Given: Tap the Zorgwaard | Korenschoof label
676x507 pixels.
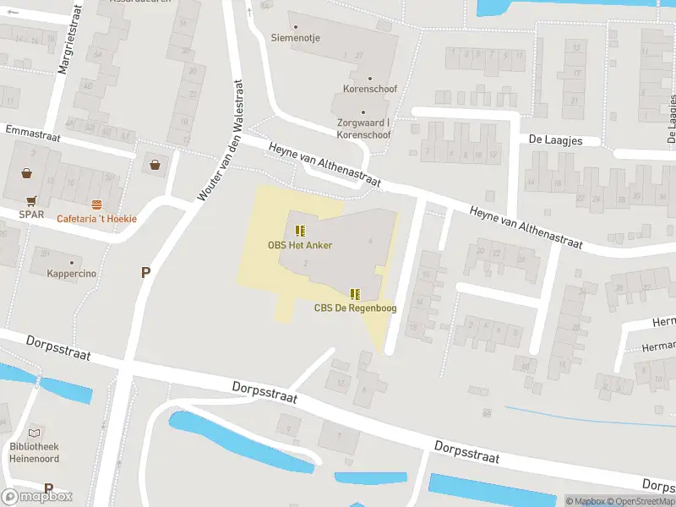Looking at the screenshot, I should click(363, 128).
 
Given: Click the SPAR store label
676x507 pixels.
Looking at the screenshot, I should click(31, 215).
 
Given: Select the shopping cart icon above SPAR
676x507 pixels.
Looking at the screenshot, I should click(31, 201).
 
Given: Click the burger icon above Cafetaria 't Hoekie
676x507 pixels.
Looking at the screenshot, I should click(96, 205).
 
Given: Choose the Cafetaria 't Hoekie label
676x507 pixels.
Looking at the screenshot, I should click(96, 219).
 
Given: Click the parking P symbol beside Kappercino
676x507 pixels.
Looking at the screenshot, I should click(145, 272).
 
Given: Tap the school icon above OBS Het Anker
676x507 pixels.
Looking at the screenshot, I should click(299, 231).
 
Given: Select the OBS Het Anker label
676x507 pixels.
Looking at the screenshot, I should click(299, 246).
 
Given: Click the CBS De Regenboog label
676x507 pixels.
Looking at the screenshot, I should click(355, 308).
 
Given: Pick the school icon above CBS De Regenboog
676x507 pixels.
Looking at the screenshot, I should click(355, 294).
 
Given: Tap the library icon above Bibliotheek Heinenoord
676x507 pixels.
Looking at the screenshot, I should click(35, 432).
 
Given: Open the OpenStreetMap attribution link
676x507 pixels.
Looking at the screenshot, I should click(640, 501).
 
